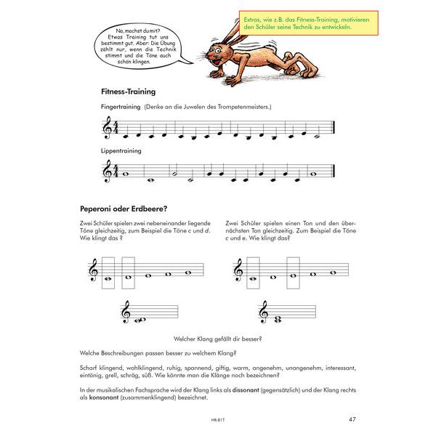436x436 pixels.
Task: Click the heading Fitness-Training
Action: (x=129, y=92)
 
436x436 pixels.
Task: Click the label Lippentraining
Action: (x=121, y=151)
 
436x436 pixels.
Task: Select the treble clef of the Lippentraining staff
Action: (x=108, y=172)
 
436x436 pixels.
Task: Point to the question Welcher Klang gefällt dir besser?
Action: (x=219, y=338)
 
